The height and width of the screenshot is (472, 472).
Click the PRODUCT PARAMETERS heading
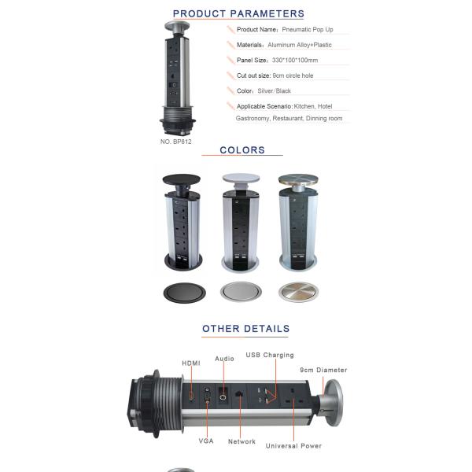(238, 13)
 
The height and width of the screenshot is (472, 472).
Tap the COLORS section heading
(242, 150)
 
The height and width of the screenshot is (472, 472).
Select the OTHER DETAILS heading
(245, 328)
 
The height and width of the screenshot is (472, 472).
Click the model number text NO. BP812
(175, 142)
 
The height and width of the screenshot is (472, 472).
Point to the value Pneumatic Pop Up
(308, 30)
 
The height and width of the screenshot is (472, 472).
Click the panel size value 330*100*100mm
(295, 61)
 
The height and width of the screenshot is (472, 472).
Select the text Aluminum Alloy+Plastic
(300, 45)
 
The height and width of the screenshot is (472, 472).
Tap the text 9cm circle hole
(293, 76)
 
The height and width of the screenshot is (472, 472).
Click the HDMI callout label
(191, 363)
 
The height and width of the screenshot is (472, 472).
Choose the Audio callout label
(224, 359)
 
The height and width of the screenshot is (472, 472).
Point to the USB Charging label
(270, 356)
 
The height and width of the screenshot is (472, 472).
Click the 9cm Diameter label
(323, 370)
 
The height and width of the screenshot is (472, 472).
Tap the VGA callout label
(206, 441)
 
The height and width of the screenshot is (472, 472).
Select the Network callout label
(242, 441)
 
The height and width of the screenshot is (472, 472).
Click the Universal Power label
(293, 446)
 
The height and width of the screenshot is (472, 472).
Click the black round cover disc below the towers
(185, 293)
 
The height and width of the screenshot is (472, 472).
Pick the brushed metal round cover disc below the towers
(298, 292)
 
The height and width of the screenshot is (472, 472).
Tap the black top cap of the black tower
(181, 179)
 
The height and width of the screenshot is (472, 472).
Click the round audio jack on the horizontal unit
(223, 397)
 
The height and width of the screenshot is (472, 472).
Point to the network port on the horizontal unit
(240, 394)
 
